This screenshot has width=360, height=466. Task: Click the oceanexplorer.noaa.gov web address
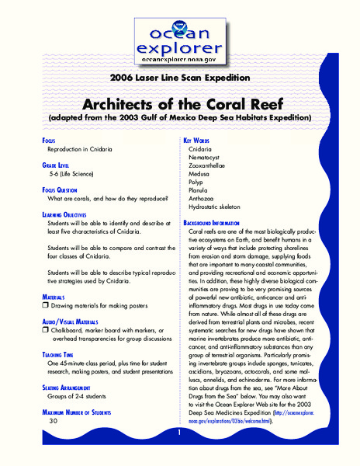(180, 59)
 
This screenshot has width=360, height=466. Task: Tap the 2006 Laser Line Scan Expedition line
(179, 78)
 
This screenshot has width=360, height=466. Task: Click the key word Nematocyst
(206, 157)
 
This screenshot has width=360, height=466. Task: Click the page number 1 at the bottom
(178, 433)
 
